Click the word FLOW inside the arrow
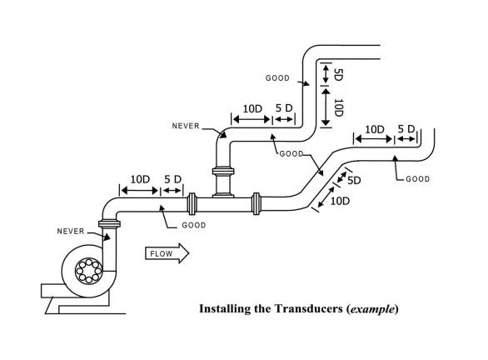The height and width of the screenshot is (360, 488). pos(162,254)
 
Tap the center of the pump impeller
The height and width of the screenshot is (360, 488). pos(89,271)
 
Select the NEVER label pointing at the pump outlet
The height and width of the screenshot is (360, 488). pos(71,232)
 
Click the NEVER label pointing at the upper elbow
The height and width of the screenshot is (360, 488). pos(186,126)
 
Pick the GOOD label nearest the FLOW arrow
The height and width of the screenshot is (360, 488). pos(194,225)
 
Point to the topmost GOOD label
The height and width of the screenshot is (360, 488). pos(277,78)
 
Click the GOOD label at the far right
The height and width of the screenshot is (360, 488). pos(418,179)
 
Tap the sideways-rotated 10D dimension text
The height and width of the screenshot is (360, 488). pos(339,107)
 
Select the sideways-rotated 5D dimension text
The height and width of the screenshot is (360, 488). pos(338,75)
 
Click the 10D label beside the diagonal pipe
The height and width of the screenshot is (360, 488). pos(340,201)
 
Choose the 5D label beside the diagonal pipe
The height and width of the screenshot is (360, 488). pos(354,181)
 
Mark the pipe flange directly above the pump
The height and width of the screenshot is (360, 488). pos(109,223)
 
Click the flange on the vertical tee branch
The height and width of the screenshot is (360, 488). pos(223,171)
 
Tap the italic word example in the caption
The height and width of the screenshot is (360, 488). pos(372,309)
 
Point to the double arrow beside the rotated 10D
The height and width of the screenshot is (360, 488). pos(326,107)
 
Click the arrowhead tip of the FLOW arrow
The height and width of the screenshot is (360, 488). pos(189,253)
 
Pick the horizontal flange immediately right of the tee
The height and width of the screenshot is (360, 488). pos(256,204)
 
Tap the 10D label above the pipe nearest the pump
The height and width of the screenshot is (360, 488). pos(140,180)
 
